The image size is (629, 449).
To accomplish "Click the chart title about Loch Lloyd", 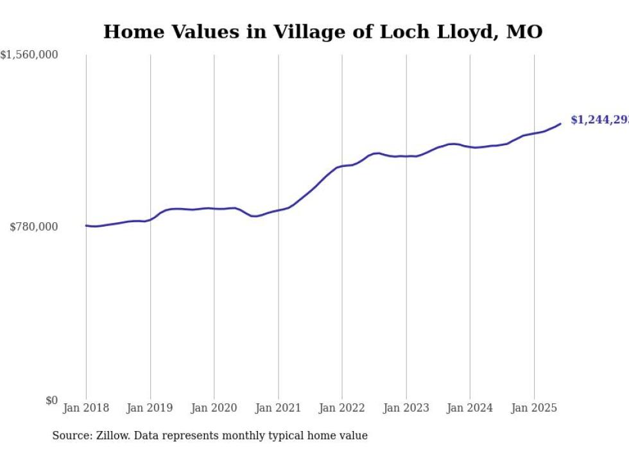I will coord(323,31).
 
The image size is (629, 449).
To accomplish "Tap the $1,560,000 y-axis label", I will coord(30,55).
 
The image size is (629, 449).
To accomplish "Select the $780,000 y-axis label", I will coord(34,227).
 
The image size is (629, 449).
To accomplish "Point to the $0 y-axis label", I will coord(51,400).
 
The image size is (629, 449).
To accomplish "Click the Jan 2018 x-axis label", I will coord(86,408).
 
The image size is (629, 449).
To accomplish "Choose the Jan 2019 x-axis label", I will coord(150,408).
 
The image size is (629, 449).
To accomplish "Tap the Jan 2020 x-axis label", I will coord(214,408).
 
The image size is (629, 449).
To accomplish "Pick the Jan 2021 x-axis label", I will coord(278,408).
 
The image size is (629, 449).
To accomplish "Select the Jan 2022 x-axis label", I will coord(342,408).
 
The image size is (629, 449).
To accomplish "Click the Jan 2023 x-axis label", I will coord(406,408).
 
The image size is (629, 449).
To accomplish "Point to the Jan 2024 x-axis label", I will coord(470,408).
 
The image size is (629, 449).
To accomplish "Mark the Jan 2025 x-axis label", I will coord(534,408).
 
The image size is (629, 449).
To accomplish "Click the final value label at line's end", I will coord(599,120).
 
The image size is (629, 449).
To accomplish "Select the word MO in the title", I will coord(524,31).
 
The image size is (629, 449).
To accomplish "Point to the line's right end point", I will coord(560,123).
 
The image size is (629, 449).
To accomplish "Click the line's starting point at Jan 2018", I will coord(86,225).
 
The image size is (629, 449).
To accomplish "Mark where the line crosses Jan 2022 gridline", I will coord(342,166).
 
